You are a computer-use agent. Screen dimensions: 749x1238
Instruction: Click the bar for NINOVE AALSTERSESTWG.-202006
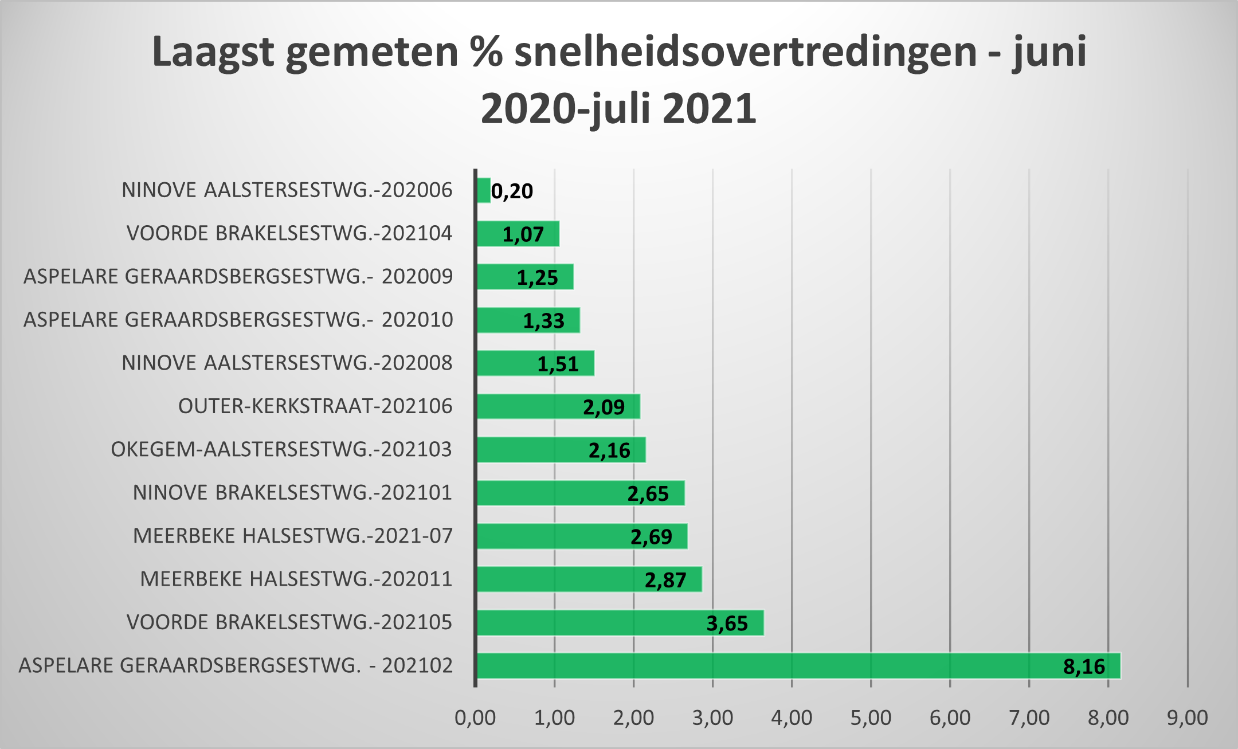(484, 190)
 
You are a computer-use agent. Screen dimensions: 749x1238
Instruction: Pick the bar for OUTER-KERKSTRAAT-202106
(558, 406)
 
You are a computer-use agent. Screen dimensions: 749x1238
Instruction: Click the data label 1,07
(523, 234)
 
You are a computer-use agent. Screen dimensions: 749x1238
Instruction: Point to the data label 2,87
(665, 580)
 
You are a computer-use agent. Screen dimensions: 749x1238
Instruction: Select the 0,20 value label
(512, 191)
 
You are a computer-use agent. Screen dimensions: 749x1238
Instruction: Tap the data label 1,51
(558, 364)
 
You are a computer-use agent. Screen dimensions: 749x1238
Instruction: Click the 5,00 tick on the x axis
(871, 717)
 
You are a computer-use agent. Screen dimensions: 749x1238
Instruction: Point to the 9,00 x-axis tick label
(1188, 717)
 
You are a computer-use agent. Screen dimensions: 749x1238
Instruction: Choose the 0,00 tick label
(475, 717)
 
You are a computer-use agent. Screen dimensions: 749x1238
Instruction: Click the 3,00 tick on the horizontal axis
(712, 717)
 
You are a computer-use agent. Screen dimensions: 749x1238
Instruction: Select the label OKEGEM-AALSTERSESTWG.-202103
(281, 449)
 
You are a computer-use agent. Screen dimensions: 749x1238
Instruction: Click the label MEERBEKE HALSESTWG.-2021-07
(293, 536)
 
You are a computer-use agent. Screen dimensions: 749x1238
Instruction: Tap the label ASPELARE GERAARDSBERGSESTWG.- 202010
(238, 320)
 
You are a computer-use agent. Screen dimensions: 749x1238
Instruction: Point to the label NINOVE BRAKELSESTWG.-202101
(292, 493)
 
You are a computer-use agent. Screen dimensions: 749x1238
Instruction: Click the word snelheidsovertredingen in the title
(745, 52)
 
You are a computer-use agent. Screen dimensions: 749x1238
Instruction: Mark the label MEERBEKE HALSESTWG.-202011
(296, 579)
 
